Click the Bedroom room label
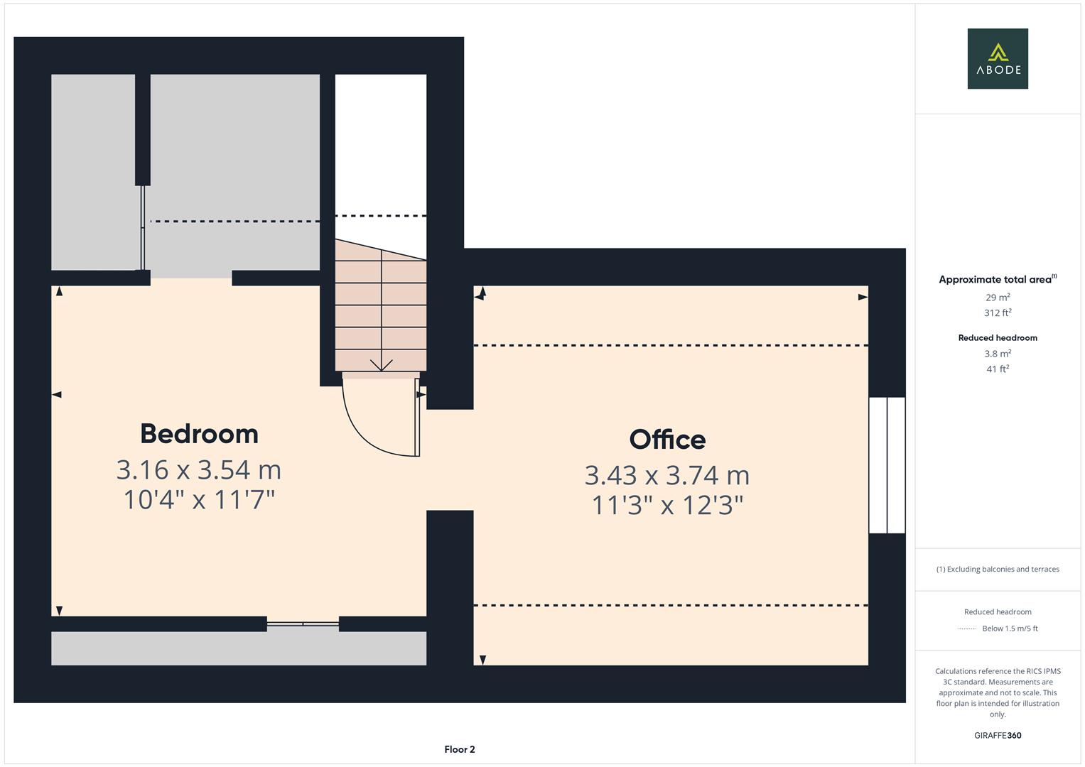[x=199, y=433]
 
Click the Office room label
[x=667, y=439]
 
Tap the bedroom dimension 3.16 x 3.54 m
[x=198, y=469]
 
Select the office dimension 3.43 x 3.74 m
[x=667, y=475]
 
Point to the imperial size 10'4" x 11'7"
[x=199, y=499]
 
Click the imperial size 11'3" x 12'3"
[x=667, y=504]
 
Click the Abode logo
[x=998, y=58]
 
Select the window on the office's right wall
[x=887, y=465]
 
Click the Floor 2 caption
[x=460, y=749]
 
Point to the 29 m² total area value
[x=998, y=298]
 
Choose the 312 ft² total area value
[x=998, y=312]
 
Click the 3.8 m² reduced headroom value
[x=998, y=354]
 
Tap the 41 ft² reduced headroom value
[x=998, y=369]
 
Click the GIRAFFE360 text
[x=998, y=735]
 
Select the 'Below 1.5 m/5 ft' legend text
[x=1010, y=629]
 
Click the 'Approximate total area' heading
[x=998, y=279]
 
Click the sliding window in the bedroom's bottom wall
[x=303, y=624]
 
